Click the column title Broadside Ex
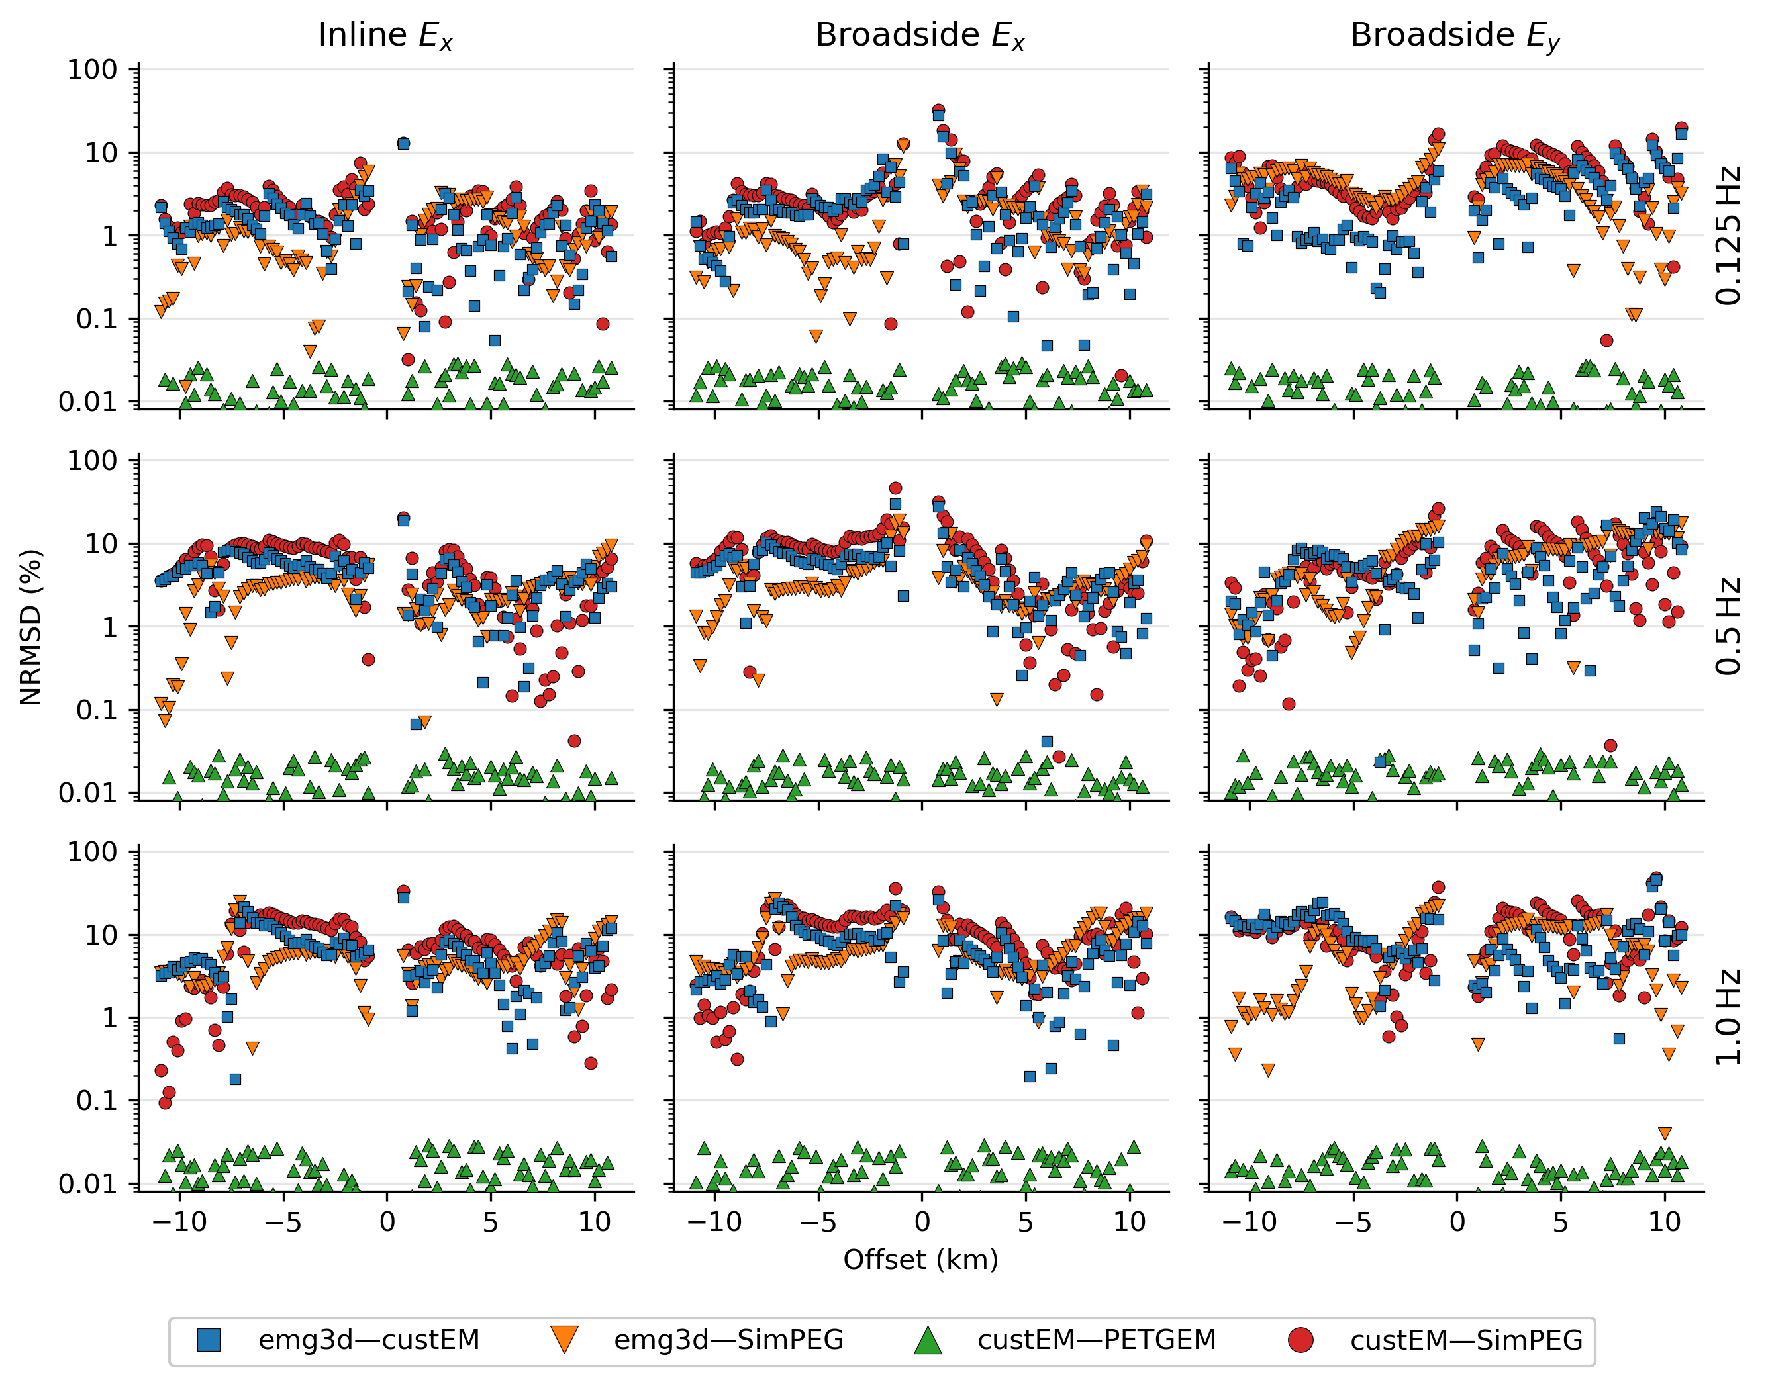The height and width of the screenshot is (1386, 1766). coord(920,35)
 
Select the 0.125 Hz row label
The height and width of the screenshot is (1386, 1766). coord(1728,236)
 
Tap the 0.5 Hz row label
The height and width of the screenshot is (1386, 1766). coord(1728,626)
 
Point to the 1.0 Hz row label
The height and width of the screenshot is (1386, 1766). coord(1728,1017)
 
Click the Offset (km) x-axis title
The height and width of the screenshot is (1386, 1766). coord(920,1260)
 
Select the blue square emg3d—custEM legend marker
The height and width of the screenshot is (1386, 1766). coord(209,1340)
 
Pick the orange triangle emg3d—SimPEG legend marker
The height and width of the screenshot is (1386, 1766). coord(564,1340)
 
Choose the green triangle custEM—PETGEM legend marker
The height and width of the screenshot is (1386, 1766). coord(928,1340)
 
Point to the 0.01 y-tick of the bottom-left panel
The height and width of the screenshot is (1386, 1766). coord(87,1184)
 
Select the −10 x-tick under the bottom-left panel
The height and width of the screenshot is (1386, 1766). coord(179,1222)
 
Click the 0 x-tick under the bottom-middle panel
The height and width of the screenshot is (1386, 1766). coord(922,1222)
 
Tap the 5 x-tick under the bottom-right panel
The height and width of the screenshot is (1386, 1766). coord(1561,1222)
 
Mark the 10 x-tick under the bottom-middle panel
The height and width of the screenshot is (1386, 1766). coord(1129,1222)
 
